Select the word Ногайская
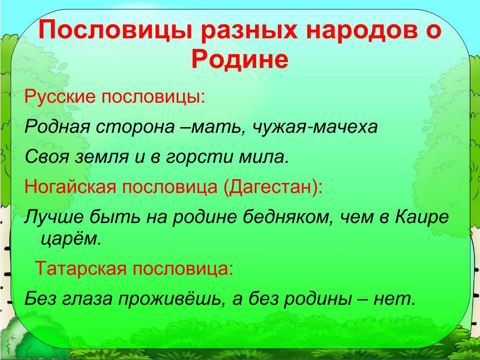tap(70, 187)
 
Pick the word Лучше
tap(54, 217)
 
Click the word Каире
tap(422, 217)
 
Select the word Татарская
tap(81, 269)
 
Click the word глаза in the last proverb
tap(87, 299)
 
